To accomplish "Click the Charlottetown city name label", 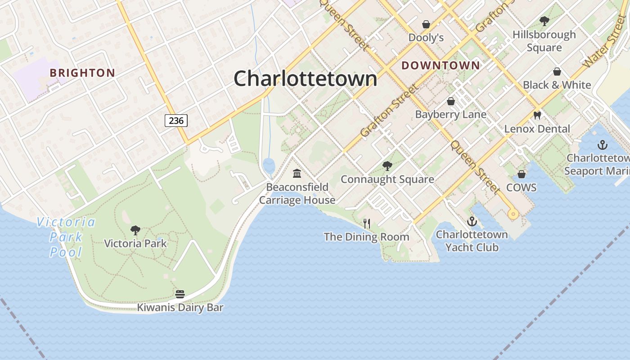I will point(305,79).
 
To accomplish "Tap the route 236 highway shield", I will point(176,121).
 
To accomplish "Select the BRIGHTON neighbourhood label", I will point(82,73).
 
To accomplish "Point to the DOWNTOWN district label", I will point(441,66).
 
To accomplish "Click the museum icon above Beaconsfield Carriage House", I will point(297,173).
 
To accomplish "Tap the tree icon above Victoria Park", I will point(135,230).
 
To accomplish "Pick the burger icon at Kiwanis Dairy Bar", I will point(180,294).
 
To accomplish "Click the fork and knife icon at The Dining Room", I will point(367,223).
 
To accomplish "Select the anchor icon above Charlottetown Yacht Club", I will point(472,221).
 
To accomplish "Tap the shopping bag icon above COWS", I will point(522,174).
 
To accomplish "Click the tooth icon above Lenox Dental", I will point(537,115).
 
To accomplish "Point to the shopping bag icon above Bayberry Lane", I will point(450,101).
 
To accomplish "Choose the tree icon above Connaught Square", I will point(387,166).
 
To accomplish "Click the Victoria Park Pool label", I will point(66,237).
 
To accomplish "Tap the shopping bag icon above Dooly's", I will point(426,24).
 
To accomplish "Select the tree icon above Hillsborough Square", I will point(544,21).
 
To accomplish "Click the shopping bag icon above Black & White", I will point(557,72).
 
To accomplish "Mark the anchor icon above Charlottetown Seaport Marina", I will point(602,144).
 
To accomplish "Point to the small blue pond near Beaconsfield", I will point(269,166).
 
